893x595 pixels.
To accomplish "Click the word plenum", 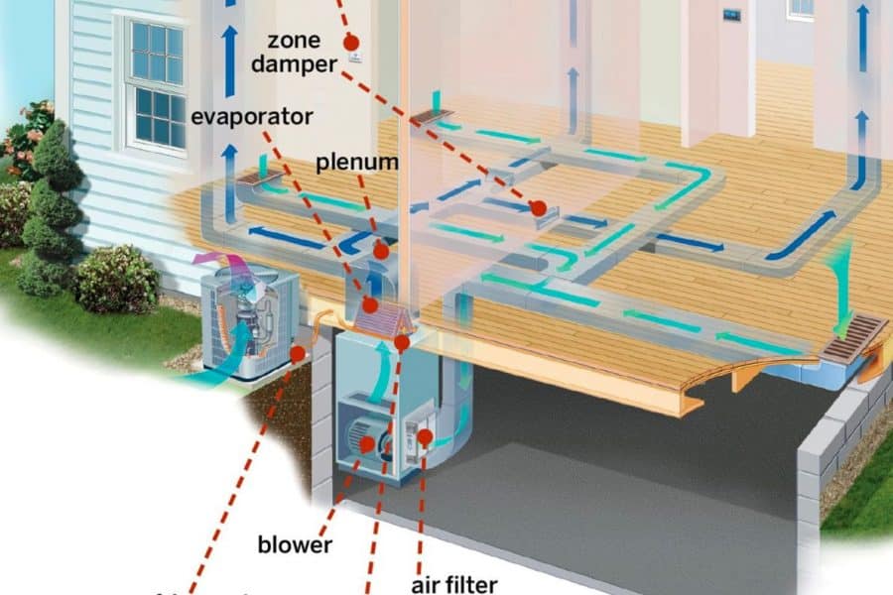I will (358, 162).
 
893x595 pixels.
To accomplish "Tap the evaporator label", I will (252, 116).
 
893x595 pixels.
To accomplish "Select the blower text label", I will (295, 544).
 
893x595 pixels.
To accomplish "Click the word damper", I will (293, 64).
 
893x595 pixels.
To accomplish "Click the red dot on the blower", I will (367, 445).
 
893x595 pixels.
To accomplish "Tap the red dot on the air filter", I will (425, 435).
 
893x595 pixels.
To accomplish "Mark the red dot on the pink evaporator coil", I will (369, 304).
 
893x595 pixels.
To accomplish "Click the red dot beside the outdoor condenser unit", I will (298, 353).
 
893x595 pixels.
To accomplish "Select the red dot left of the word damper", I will (349, 43).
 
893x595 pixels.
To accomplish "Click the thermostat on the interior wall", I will (732, 15).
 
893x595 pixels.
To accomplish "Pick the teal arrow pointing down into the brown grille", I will (842, 288).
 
